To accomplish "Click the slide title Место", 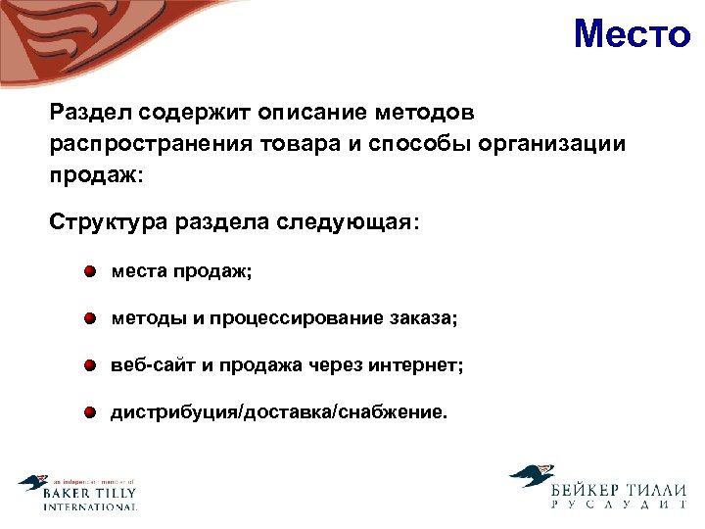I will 632,35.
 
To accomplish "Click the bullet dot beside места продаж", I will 90,271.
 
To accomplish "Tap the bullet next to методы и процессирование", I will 90,318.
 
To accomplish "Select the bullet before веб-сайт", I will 90,365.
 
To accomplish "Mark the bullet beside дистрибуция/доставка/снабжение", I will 90,412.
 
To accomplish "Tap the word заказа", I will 422,318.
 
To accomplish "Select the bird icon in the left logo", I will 32,484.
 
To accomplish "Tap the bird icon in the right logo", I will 532,477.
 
